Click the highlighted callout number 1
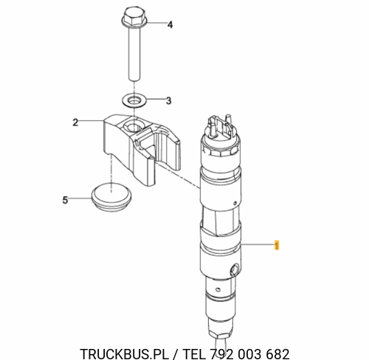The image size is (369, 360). pos(277,245)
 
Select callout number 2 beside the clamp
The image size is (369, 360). pos(75,122)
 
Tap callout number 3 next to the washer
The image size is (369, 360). pos(168,100)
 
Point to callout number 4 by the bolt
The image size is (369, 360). pos(170,24)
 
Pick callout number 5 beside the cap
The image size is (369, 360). pos(65,200)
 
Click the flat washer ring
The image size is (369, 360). pos(134,100)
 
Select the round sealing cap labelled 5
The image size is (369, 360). pos(111,196)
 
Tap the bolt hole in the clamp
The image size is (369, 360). pos(133,126)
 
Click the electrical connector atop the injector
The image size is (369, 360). pos(221,125)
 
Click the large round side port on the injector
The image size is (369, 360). pos(234,269)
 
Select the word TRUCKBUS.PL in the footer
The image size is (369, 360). pos(125,353)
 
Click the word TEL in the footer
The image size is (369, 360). pos(194,353)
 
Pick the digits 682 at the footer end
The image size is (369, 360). pos(277,353)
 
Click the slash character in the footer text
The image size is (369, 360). pos(176,354)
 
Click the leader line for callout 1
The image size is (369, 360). pos(257,244)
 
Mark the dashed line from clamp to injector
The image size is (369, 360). pos(177,175)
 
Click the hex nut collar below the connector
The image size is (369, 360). pos(221,150)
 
